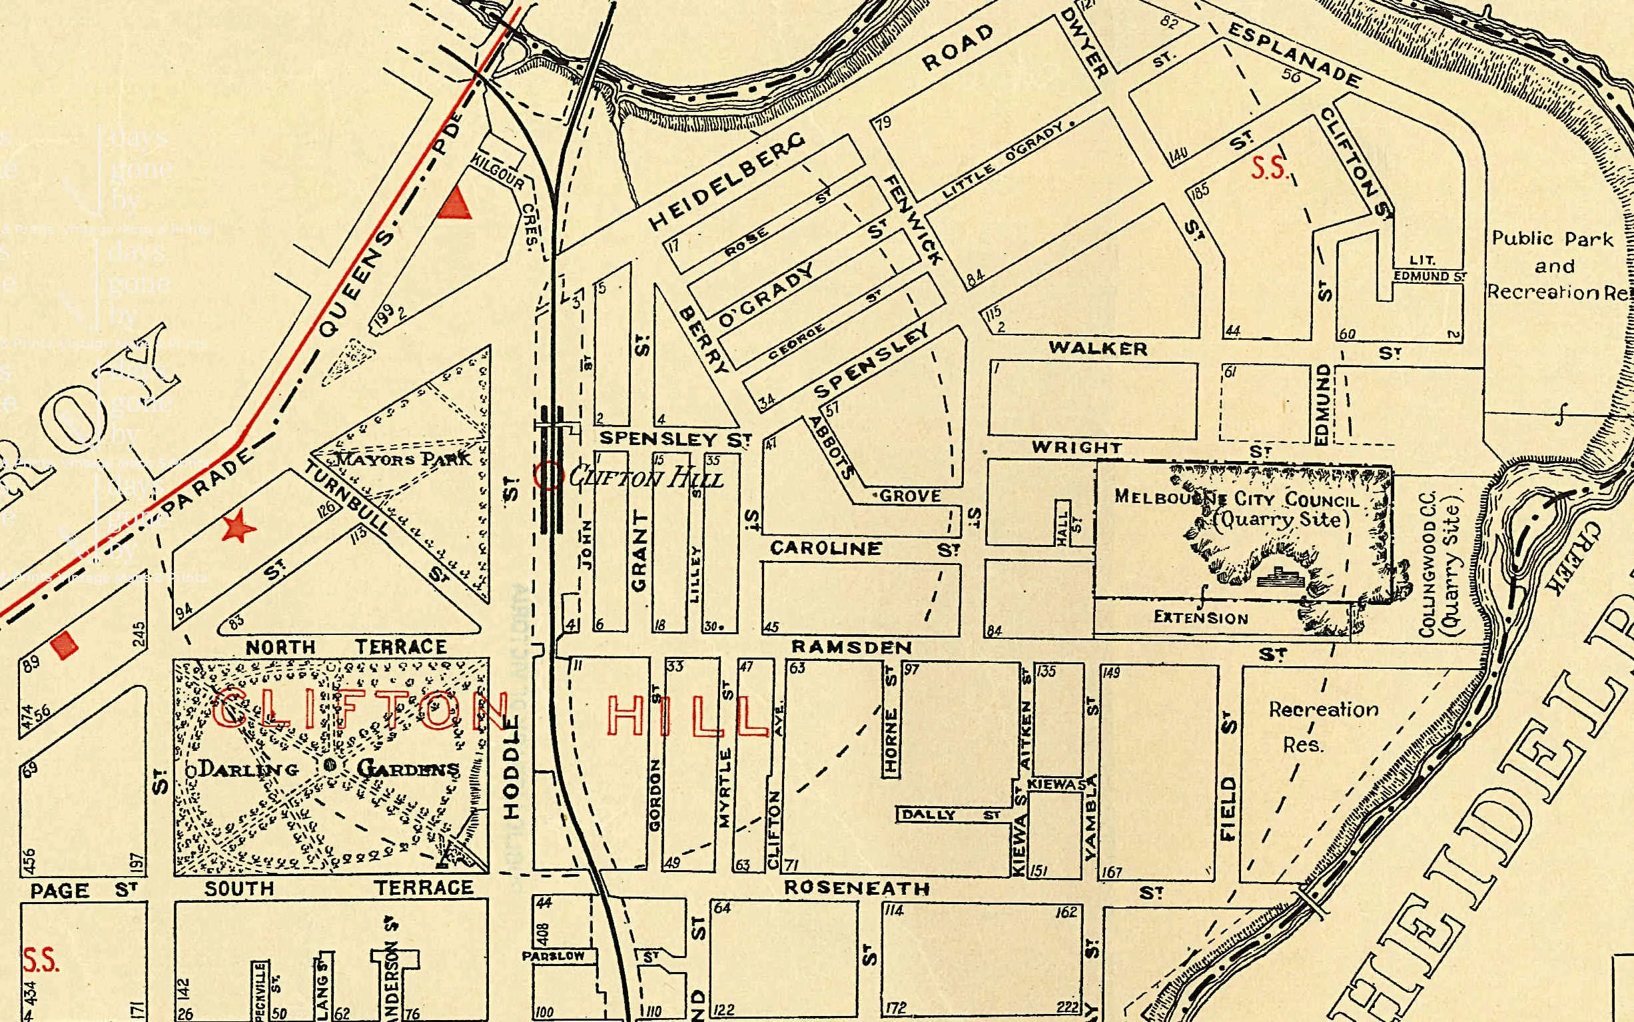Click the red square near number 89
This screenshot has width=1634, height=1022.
65,644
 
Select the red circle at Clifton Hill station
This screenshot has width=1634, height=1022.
548,475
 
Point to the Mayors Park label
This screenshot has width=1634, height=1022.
404,459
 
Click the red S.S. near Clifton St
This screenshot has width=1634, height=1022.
1268,168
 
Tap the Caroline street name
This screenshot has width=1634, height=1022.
826,548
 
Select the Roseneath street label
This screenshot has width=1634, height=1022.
856,887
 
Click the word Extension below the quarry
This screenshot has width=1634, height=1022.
1201,618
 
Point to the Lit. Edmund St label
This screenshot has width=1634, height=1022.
1429,269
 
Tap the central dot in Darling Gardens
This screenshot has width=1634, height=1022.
330,764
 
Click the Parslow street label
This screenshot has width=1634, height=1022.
553,957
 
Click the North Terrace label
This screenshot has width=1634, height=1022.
346,647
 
